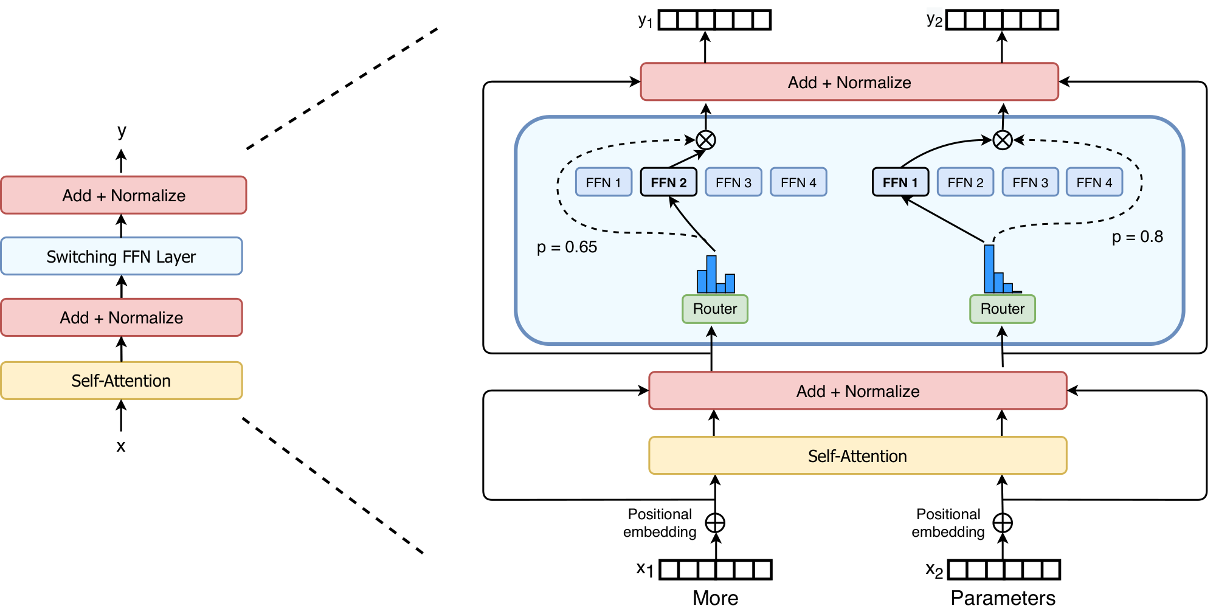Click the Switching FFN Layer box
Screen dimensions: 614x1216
click(122, 257)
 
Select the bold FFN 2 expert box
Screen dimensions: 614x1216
click(669, 182)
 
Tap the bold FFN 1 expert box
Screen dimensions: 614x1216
click(900, 182)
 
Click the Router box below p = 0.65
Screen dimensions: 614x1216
click(714, 309)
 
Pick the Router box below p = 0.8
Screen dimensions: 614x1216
click(1002, 309)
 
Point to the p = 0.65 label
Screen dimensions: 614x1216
click(567, 247)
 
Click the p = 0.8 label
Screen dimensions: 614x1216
click(1137, 236)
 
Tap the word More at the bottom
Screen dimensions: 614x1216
click(715, 598)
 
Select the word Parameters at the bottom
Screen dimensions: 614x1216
click(1003, 598)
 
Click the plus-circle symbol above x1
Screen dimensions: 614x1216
click(715, 523)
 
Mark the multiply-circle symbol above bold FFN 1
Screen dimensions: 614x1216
click(1002, 140)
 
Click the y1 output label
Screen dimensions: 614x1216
click(645, 21)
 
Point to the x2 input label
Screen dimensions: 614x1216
click(934, 570)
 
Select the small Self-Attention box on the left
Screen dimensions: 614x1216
click(122, 381)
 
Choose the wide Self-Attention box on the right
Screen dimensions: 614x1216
click(857, 456)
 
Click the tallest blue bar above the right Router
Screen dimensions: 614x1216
click(989, 269)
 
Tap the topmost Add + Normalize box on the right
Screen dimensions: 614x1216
click(849, 82)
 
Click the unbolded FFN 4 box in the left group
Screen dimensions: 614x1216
click(798, 182)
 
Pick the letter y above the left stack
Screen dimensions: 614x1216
click(122, 131)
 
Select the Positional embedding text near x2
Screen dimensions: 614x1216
click(948, 523)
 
